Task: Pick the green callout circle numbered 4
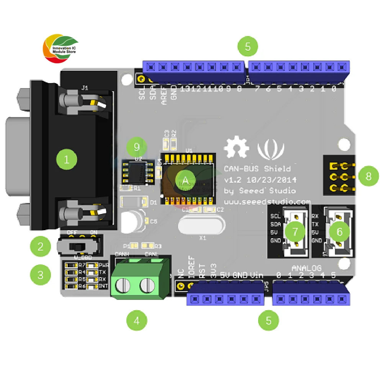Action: click(137, 321)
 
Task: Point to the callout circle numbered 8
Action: click(368, 176)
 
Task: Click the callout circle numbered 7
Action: click(295, 231)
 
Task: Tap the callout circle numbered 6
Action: click(342, 231)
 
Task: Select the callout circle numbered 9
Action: click(138, 147)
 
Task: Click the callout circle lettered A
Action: click(185, 180)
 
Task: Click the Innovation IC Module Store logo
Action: click(60, 49)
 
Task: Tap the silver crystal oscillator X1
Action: click(200, 226)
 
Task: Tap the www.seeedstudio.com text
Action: click(267, 201)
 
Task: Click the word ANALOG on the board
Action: click(306, 268)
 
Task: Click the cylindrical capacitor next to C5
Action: click(131, 222)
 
